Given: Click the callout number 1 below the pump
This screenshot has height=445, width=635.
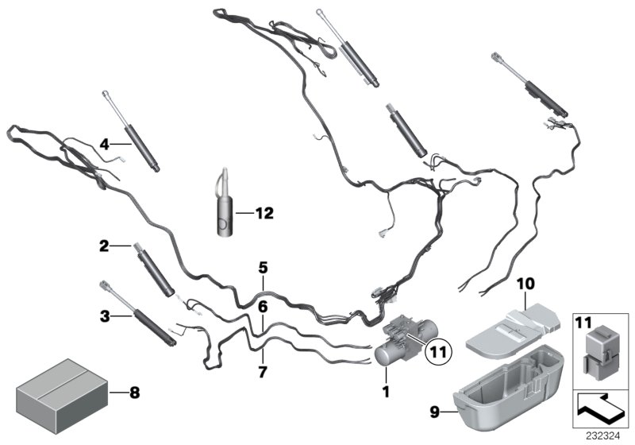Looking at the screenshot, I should [385, 391].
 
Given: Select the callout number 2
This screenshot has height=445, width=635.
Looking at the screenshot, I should [103, 247].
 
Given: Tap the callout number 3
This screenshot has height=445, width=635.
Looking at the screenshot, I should [103, 317].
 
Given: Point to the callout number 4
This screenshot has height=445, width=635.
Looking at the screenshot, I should [103, 144].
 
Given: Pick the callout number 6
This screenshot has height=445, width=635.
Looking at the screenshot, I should [262, 305].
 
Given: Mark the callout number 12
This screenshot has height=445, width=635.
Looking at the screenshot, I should [264, 212].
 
